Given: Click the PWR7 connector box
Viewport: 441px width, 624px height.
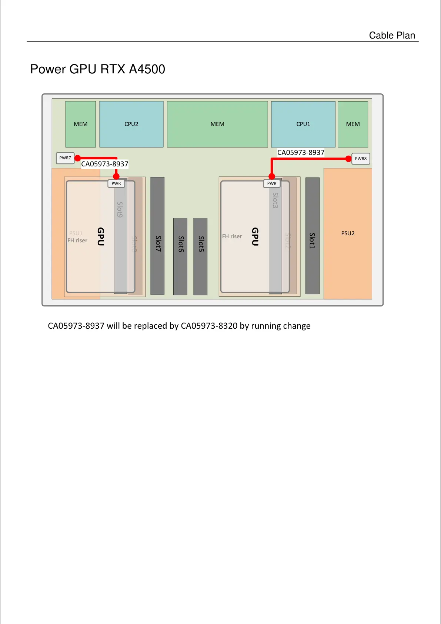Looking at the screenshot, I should [x=65, y=158].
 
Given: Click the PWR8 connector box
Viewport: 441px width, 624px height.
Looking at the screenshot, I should [x=361, y=159].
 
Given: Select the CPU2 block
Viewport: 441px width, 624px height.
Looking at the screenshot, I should [x=131, y=124].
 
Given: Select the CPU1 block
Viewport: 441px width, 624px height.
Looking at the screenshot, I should [x=303, y=124].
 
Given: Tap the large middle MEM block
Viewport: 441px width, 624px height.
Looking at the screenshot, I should [x=217, y=124].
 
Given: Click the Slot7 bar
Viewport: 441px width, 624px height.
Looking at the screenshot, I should [x=157, y=236].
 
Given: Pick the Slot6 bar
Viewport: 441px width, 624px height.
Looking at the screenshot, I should [x=180, y=256].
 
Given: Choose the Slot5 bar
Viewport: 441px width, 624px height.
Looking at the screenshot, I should [x=200, y=256].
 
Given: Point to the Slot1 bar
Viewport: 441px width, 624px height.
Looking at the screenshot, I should [x=313, y=236].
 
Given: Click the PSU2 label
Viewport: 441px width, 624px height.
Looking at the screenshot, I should [x=348, y=233].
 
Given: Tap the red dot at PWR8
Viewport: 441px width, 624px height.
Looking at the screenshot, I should [x=348, y=159].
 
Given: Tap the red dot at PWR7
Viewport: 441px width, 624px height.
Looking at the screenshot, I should [x=78, y=158].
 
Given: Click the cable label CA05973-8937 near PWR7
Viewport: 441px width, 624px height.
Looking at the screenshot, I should [x=105, y=164].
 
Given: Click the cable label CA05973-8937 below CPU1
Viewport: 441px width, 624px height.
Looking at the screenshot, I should [x=301, y=153].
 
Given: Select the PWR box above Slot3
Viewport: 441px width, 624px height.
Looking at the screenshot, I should [x=272, y=183].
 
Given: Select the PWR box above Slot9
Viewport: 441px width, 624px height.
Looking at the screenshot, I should [x=116, y=183].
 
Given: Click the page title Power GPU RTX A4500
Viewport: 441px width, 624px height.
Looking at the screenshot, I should [x=98, y=69].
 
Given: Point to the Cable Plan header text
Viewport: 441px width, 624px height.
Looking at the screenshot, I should [x=392, y=36].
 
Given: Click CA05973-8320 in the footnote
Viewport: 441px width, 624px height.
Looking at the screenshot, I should [x=209, y=326].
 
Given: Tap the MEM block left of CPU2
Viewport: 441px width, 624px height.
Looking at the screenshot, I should [x=81, y=124].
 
